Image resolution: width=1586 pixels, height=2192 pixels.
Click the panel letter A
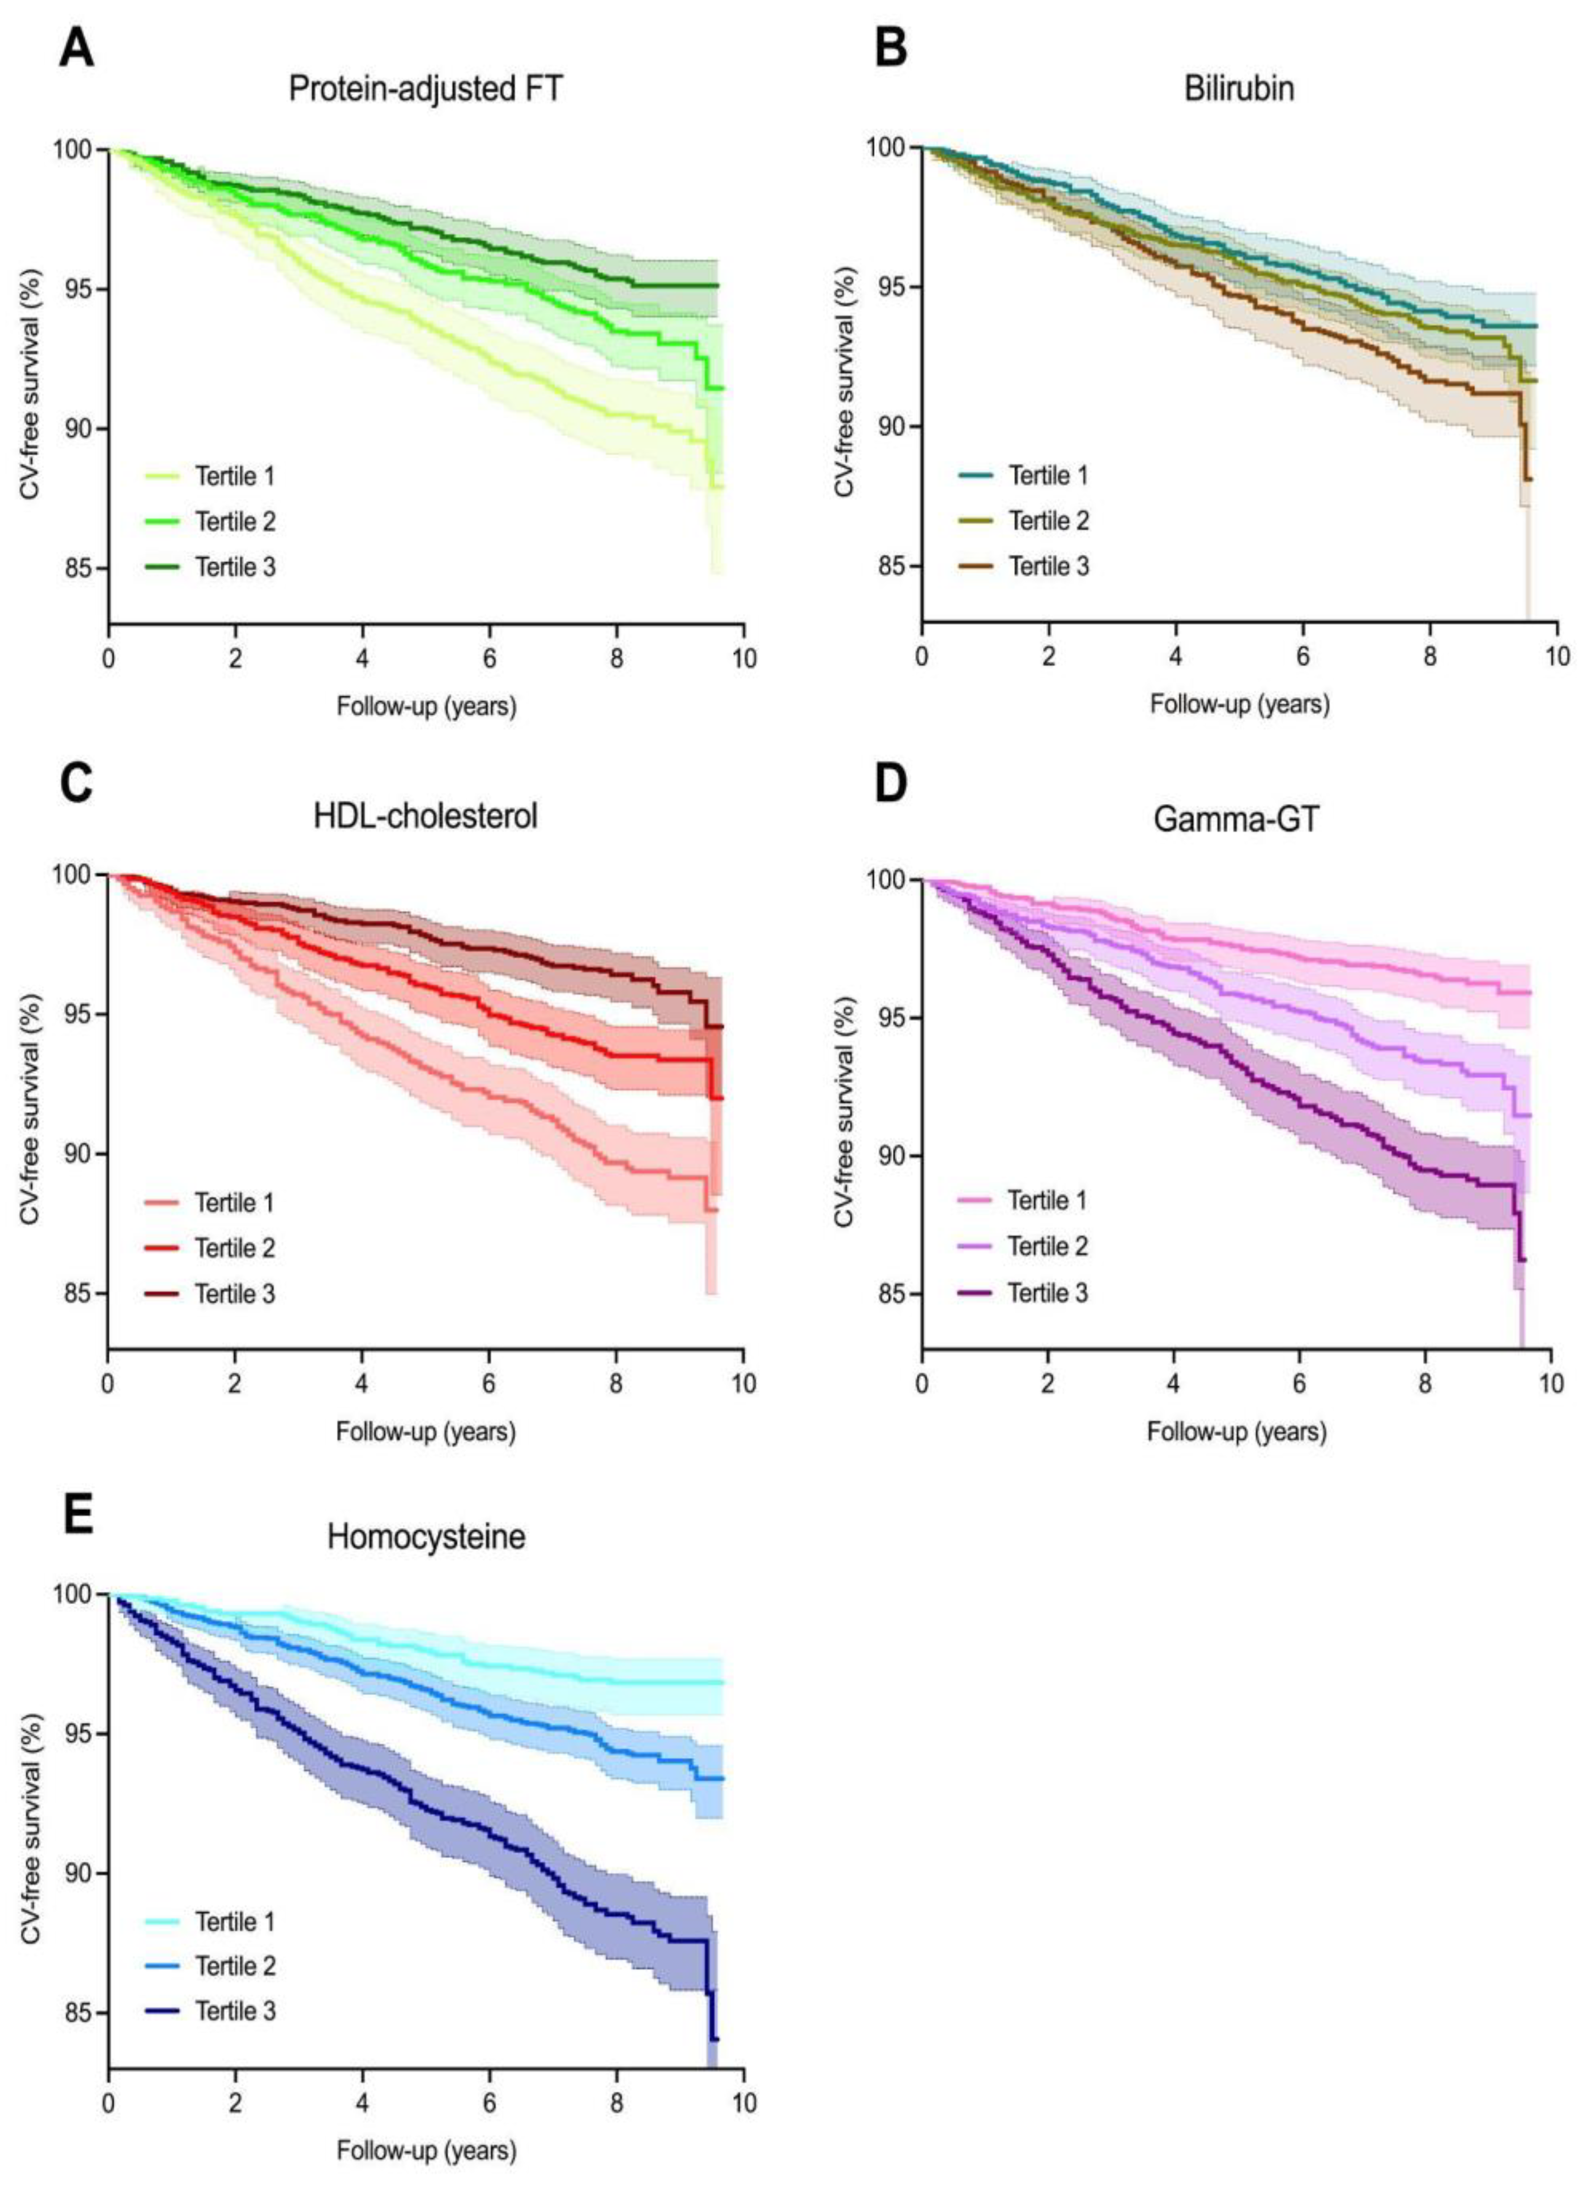(x=77, y=48)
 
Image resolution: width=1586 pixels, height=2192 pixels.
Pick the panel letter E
(x=77, y=1515)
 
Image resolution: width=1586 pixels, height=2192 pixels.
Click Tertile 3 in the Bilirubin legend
(x=1049, y=567)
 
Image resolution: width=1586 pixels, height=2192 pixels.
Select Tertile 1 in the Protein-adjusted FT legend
(x=235, y=477)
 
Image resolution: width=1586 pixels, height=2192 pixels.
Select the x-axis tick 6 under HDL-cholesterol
(x=489, y=1383)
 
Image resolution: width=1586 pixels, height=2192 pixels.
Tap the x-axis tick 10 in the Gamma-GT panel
(x=1550, y=1383)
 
